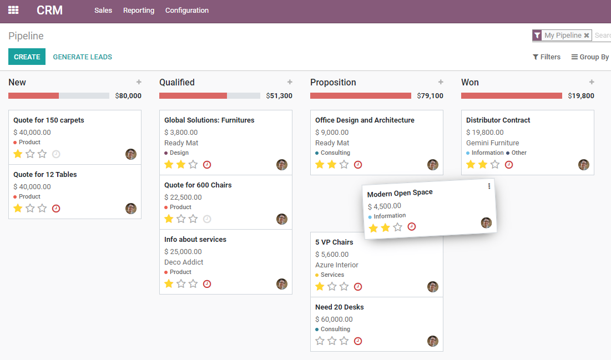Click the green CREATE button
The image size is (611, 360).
[x=27, y=57]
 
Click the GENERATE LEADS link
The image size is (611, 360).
[x=82, y=57]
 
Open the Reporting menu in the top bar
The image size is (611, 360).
[x=139, y=11]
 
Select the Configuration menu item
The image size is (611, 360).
[x=187, y=11]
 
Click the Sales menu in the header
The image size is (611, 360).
[x=103, y=11]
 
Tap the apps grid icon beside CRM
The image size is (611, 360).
[x=13, y=11]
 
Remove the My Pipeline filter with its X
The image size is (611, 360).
[x=587, y=36]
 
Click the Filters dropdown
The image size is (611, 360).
[x=547, y=57]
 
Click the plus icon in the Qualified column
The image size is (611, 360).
[x=290, y=82]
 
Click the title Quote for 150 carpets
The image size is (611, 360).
[x=49, y=120]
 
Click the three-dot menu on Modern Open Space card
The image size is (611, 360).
[x=489, y=186]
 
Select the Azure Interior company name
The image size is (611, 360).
[x=337, y=265]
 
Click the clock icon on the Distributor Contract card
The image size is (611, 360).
[x=509, y=165]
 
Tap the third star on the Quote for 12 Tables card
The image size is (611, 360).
[x=42, y=208]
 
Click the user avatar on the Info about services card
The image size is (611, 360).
[x=282, y=284]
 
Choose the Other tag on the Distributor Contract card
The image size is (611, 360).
[x=519, y=153]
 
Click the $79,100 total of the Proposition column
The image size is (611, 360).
[x=430, y=95]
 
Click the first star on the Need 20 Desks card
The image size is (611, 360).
[x=320, y=341]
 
